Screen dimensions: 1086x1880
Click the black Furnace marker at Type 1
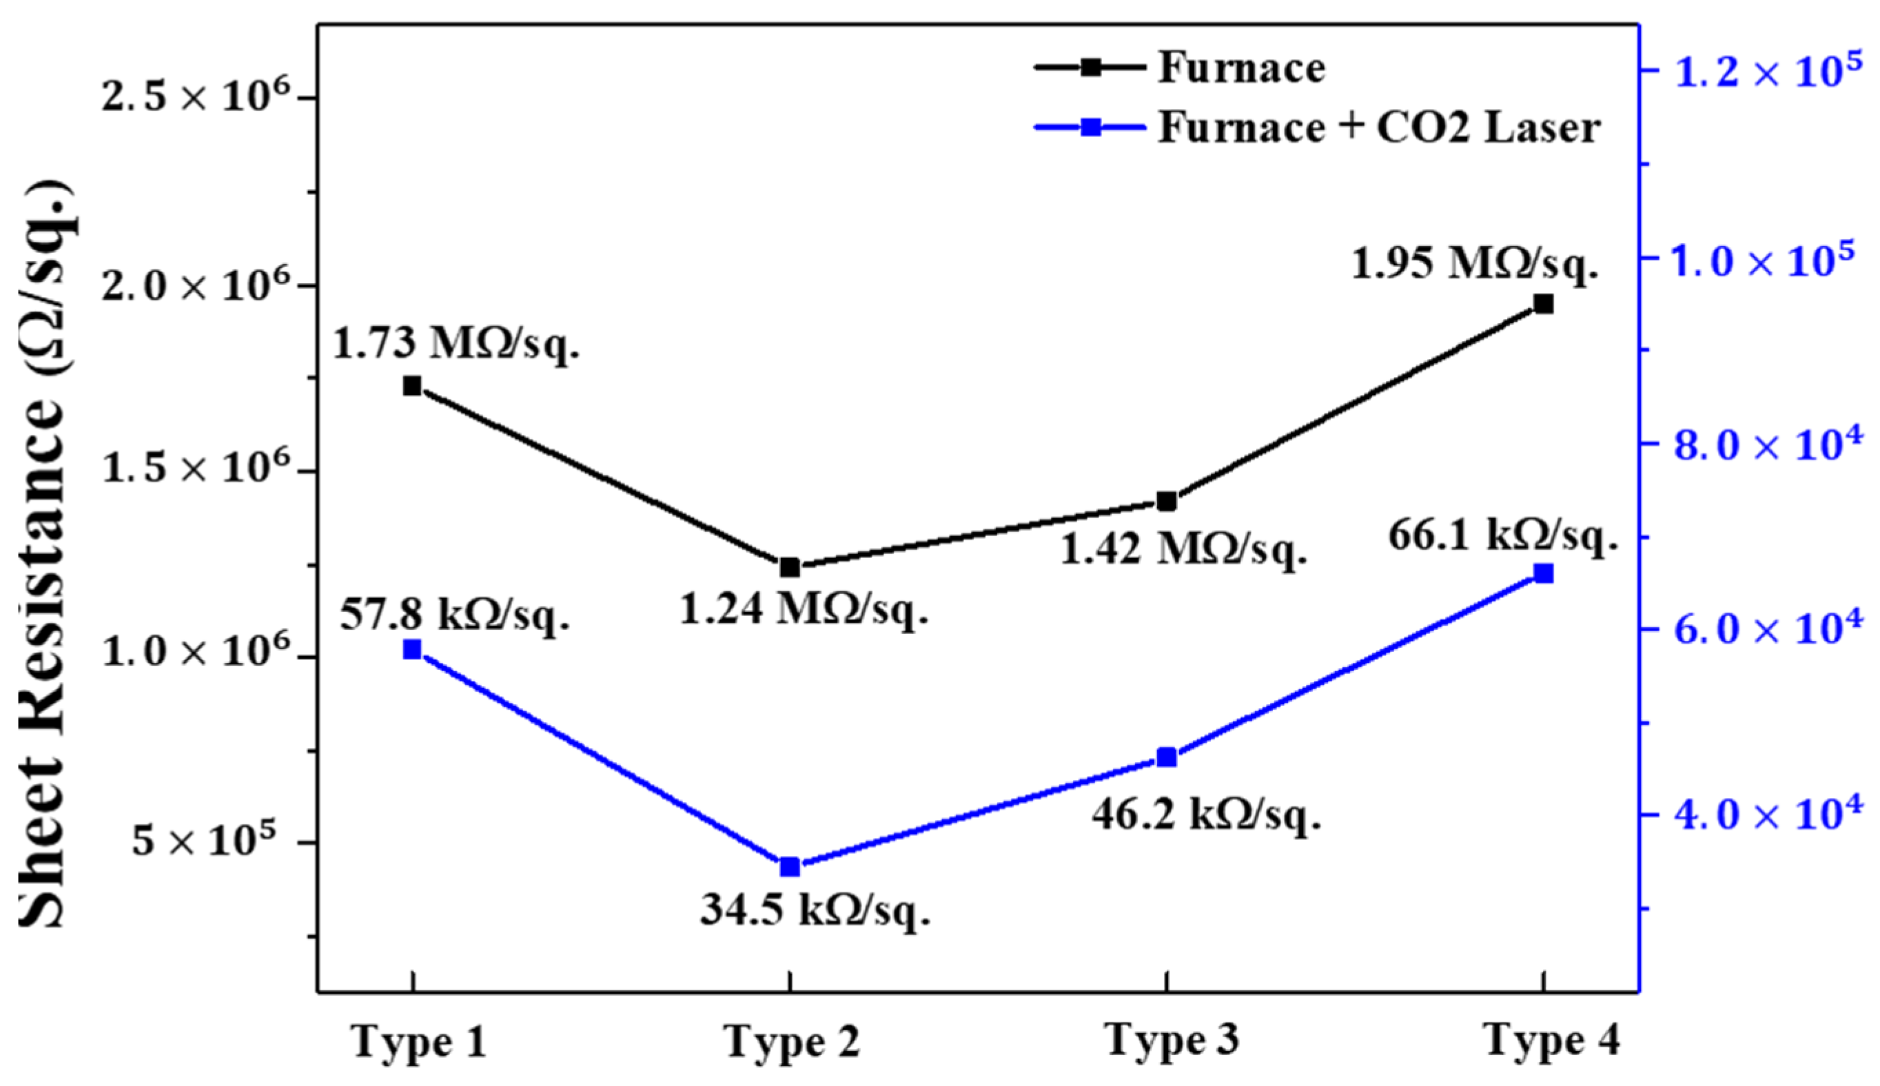[411, 386]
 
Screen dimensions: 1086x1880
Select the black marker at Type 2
[790, 568]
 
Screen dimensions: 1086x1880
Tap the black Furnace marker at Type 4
[1543, 304]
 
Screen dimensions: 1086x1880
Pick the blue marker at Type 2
[790, 867]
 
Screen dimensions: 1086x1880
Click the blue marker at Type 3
[1167, 758]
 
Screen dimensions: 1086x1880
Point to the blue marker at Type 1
[411, 650]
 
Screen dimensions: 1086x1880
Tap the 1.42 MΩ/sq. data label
[1183, 551]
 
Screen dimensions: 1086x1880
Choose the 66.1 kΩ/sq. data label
[1502, 535]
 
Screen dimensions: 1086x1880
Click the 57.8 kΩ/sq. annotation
[455, 615]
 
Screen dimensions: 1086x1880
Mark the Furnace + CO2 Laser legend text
[1378, 127]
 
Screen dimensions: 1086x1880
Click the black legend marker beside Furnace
[1090, 67]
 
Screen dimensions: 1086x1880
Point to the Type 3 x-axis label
[1171, 1040]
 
